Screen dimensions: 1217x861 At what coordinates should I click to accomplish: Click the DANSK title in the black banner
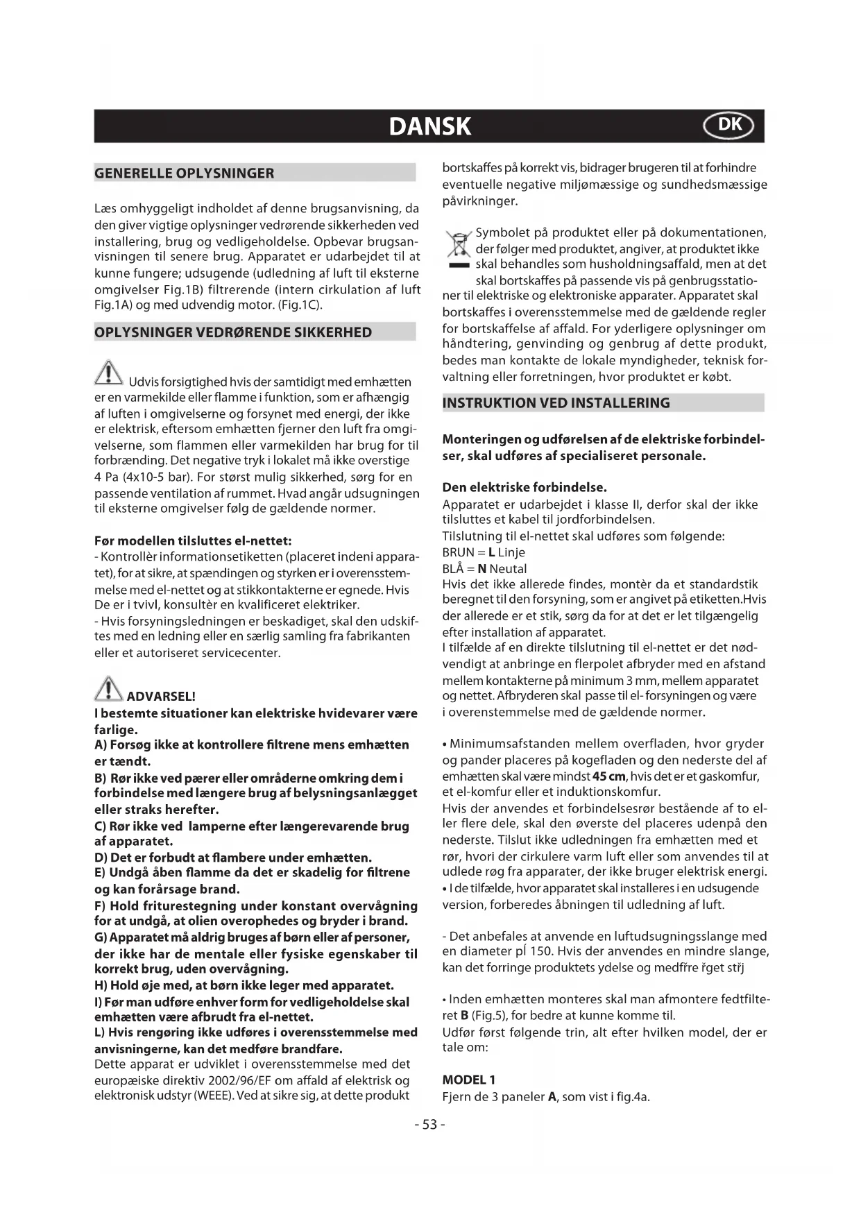tap(429, 126)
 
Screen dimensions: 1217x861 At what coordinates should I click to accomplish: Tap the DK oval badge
tap(728, 126)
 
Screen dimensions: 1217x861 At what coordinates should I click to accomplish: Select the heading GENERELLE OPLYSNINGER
tap(185, 173)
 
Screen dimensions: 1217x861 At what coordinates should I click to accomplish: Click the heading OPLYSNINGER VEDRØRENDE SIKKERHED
tap(233, 332)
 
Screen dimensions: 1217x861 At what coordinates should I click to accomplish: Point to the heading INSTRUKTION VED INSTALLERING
tap(556, 403)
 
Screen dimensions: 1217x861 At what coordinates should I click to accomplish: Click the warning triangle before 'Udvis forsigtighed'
tap(109, 375)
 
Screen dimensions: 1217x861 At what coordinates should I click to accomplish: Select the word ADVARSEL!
tap(162, 696)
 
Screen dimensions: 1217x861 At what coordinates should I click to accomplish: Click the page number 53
tap(429, 1125)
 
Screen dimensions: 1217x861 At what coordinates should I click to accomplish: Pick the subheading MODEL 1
tap(469, 1080)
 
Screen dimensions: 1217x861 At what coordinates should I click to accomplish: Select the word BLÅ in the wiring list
tap(454, 569)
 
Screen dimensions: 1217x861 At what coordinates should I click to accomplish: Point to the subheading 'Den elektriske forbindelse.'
tap(525, 487)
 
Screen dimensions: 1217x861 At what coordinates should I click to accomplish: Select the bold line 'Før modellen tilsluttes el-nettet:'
tap(193, 541)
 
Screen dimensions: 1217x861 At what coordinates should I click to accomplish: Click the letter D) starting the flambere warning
tap(101, 858)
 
